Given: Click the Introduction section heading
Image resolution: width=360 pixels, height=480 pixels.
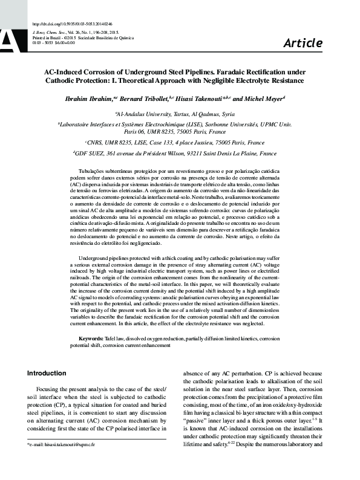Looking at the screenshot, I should (47, 373).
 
